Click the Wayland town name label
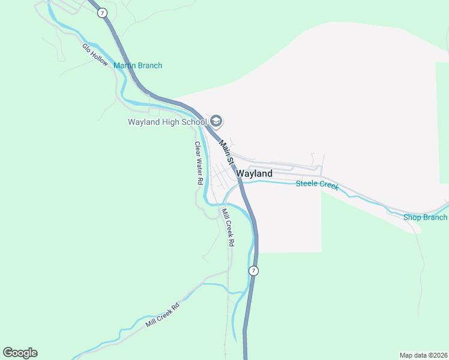click(254, 173)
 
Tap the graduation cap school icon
click(217, 122)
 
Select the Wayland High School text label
click(167, 122)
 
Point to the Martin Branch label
click(138, 65)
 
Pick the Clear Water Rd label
click(199, 163)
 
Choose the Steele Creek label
click(317, 184)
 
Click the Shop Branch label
click(425, 217)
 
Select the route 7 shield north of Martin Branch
click(103, 13)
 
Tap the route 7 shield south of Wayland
click(254, 271)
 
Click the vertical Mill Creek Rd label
click(227, 227)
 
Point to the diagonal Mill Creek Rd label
click(163, 315)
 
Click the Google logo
click(20, 353)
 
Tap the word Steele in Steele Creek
click(307, 184)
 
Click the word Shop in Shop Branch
click(412, 217)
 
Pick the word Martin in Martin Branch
click(125, 65)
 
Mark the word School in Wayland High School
click(193, 122)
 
